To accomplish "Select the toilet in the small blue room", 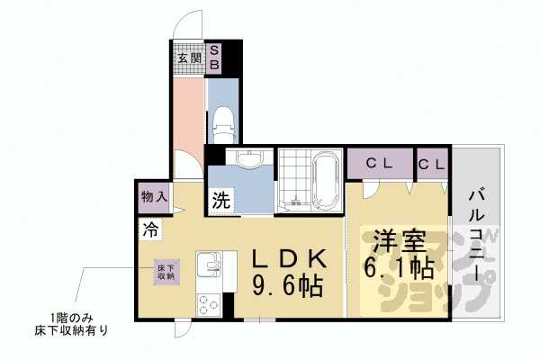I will (222, 121).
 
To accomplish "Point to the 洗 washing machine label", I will (221, 201).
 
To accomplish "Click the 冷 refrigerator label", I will (149, 229).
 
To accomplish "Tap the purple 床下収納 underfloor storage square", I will (166, 271).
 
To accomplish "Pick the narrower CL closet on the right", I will (431, 164).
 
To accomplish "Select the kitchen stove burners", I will (208, 303).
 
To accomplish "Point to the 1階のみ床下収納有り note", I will (80, 323).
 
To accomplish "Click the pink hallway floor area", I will (188, 112).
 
